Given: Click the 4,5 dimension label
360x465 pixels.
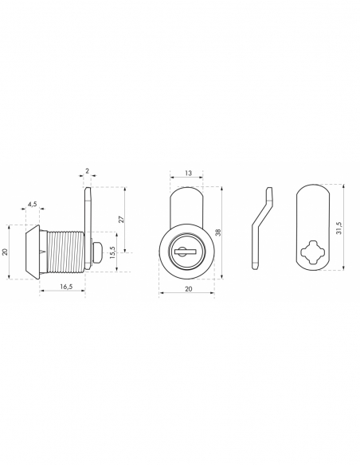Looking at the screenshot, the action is tap(33, 204).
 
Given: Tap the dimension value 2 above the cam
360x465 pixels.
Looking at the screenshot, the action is tap(87, 171).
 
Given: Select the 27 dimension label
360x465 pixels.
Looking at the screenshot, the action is tap(121, 220).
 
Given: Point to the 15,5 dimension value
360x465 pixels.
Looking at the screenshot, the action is tap(112, 252).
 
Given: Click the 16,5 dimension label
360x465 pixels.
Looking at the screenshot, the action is tap(66, 287).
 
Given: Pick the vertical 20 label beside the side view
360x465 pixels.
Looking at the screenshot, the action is tap(5, 252).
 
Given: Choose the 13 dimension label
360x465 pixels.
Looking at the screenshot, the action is tap(188, 173).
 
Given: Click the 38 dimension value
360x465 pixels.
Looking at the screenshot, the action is tap(218, 232).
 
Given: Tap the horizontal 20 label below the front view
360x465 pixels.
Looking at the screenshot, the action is tap(188, 289).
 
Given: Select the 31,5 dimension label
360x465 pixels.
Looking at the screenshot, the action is tap(339, 228).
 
